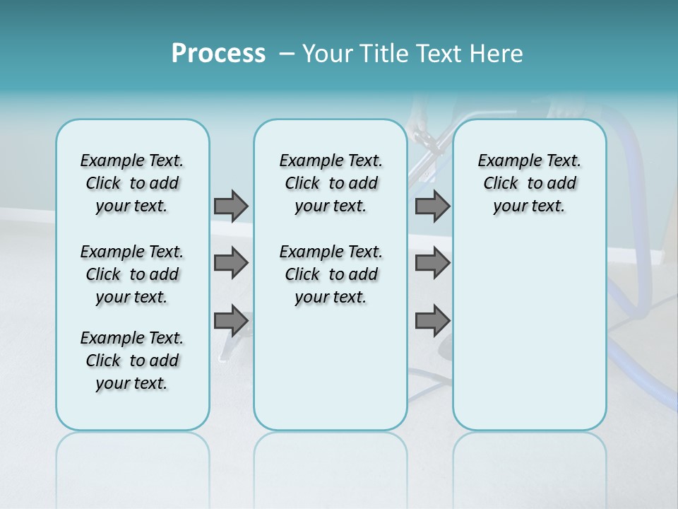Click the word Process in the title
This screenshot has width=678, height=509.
pos(218,54)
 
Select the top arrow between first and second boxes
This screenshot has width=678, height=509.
pos(231,206)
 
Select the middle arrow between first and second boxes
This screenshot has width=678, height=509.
pos(231,263)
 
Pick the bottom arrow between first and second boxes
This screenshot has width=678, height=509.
pos(231,320)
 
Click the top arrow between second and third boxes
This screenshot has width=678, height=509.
pos(432,206)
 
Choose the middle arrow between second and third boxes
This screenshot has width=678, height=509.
pos(432,263)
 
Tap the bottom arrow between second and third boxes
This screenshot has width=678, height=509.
pos(432,320)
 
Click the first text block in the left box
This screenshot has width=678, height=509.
pos(132,183)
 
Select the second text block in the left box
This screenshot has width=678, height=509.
pos(132,274)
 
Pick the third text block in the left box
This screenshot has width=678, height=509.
pos(132,361)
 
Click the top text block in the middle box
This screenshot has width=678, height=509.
pos(331,183)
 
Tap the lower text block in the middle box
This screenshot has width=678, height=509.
pos(331,274)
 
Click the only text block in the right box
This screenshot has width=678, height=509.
pos(529,183)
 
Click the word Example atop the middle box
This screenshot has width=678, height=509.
pos(305,160)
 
